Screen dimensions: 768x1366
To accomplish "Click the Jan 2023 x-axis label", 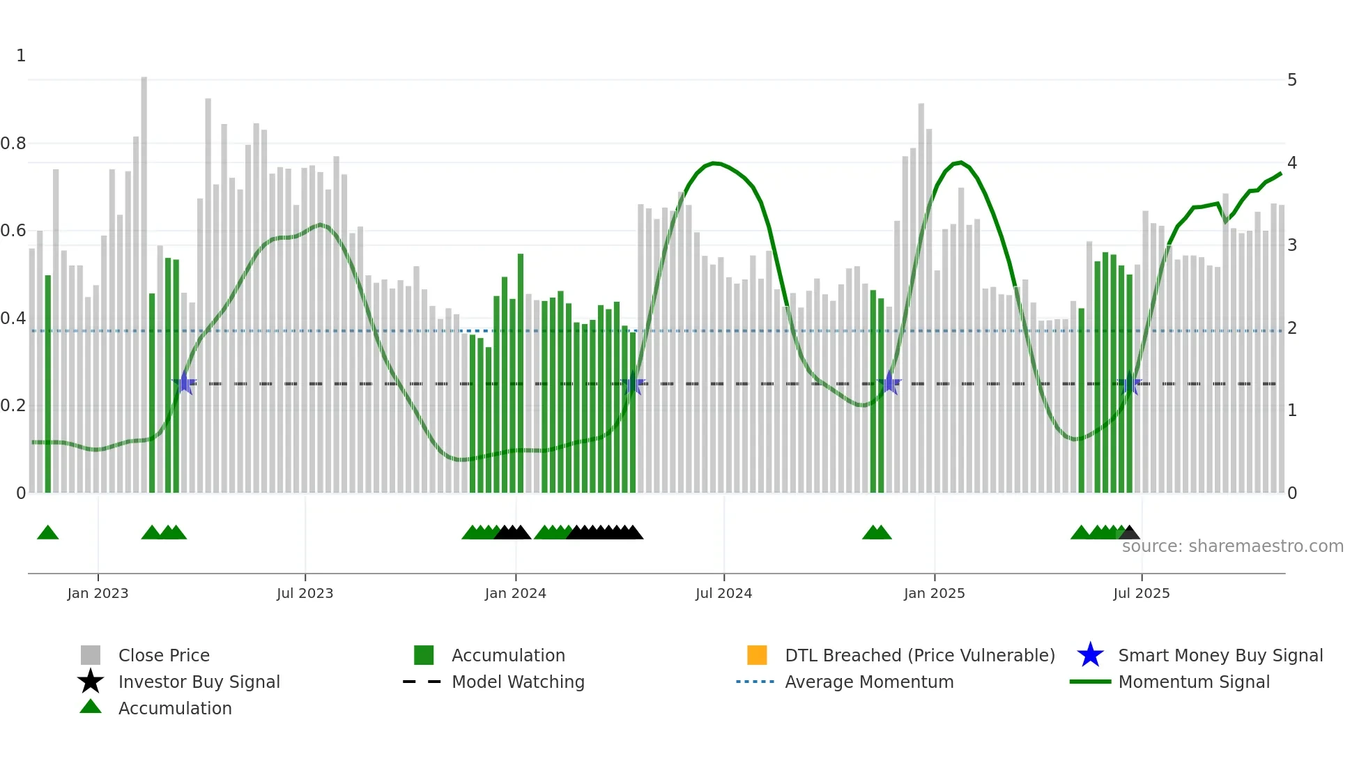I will (98, 593).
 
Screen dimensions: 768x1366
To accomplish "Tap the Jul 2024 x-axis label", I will (723, 593).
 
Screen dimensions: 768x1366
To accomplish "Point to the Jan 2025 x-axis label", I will (934, 593).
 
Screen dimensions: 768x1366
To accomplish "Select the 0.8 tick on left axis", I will (14, 144).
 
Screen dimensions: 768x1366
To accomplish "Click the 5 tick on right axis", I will (1291, 80).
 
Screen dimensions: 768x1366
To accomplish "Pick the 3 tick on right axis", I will (1291, 245).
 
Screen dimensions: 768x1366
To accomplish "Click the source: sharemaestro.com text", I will (1232, 546).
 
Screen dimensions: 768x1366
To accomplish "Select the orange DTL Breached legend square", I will (756, 655).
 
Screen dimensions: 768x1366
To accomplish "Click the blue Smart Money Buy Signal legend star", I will (1090, 655).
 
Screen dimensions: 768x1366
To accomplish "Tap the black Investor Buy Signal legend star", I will (91, 682).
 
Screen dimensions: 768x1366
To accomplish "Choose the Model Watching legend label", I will (518, 682).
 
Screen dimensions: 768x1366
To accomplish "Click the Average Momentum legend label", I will (868, 682).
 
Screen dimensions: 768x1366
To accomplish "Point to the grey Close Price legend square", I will (91, 655).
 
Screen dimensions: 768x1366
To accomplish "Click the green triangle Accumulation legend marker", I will (91, 707).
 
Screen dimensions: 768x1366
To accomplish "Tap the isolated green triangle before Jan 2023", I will (47, 532).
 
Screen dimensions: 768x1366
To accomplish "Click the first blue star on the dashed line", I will (185, 383).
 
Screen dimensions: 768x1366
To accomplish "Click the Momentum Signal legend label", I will (1193, 682).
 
